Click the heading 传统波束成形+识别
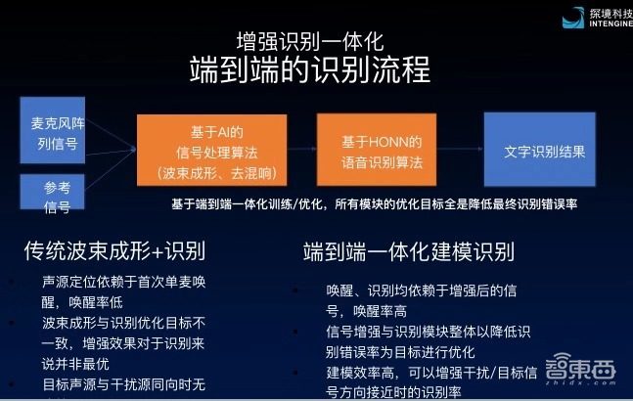coord(115,250)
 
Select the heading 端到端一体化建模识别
coord(409,250)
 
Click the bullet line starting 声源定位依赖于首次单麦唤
coord(122,283)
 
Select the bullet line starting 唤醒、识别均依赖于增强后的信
coord(421,289)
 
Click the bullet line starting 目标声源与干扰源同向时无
coord(122,383)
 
